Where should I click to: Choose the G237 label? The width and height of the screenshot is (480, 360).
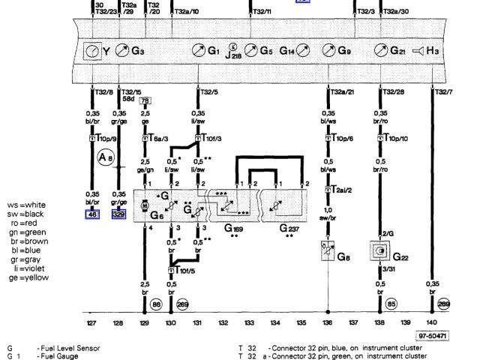click(x=288, y=226)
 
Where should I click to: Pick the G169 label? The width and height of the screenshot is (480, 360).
click(x=235, y=226)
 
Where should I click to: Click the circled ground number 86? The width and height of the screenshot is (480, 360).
click(x=157, y=305)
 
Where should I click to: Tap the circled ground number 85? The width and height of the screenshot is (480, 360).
click(x=391, y=305)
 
